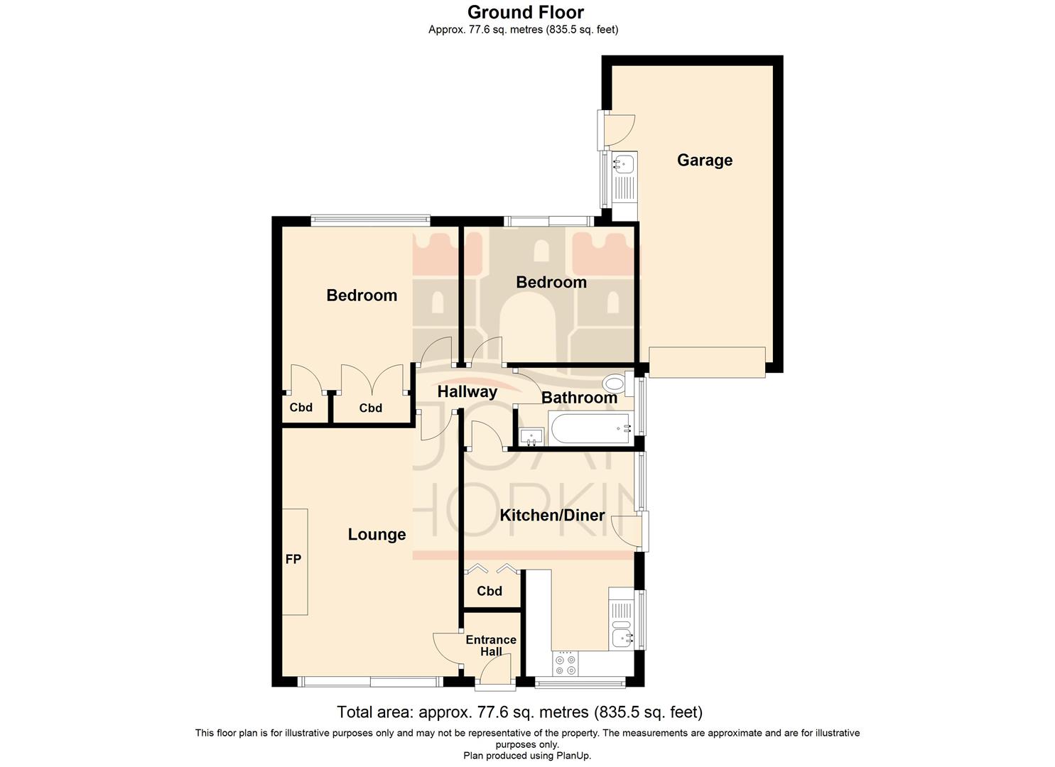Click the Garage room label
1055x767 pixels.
coord(704,161)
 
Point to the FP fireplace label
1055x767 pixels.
coord(293,560)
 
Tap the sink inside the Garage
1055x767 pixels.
coord(624,165)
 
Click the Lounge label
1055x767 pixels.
coord(377,535)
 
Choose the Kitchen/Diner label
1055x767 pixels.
coord(552,516)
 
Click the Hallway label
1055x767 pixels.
coord(467,391)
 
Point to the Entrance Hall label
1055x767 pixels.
coord(491,646)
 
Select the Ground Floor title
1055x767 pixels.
coord(526,12)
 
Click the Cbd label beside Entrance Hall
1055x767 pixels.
coord(489,591)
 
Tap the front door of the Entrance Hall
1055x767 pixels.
coord(495,672)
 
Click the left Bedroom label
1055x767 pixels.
coord(362,295)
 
